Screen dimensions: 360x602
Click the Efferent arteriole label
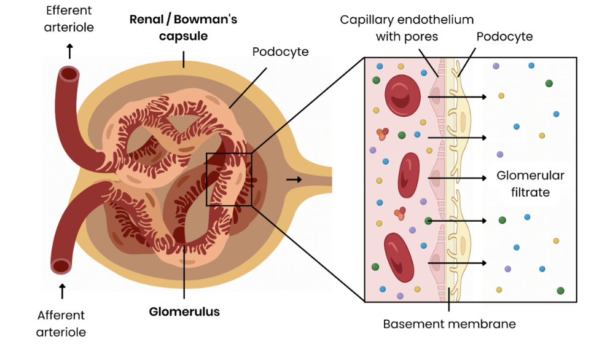point(69,19)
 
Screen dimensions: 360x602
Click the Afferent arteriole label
point(61,324)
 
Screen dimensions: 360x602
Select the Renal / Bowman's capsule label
point(183,28)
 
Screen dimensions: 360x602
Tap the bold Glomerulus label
point(184,311)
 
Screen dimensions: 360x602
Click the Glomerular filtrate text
point(530,184)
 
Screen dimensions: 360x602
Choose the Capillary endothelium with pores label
point(407,28)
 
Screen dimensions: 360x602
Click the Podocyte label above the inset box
point(504,37)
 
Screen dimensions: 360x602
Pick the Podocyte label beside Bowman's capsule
point(280,52)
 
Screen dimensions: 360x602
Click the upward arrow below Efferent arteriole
point(69,50)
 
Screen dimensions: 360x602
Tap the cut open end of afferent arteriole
point(61,266)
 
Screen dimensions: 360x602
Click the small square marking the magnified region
point(229,179)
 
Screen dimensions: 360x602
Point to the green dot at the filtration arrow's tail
point(428,220)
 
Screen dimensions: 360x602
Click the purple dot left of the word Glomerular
point(499,154)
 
